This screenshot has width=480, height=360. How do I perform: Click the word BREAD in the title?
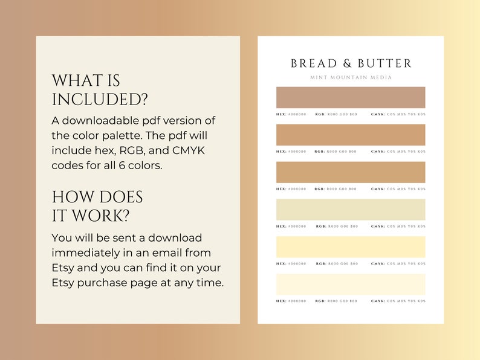point(310,63)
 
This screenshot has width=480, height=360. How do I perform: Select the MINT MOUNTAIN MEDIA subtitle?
point(351,77)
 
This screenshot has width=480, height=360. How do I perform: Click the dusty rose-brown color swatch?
point(351,97)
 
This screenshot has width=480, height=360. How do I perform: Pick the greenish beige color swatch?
point(351,210)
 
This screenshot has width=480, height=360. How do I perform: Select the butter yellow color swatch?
point(351,247)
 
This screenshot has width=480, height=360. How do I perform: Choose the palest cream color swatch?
point(351,284)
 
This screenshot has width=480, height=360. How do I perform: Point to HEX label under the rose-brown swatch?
point(281,114)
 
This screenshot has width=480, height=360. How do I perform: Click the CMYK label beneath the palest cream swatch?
point(378,301)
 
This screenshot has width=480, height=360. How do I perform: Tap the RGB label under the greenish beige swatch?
point(321,227)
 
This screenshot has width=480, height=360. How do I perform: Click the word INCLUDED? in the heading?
point(100,99)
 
